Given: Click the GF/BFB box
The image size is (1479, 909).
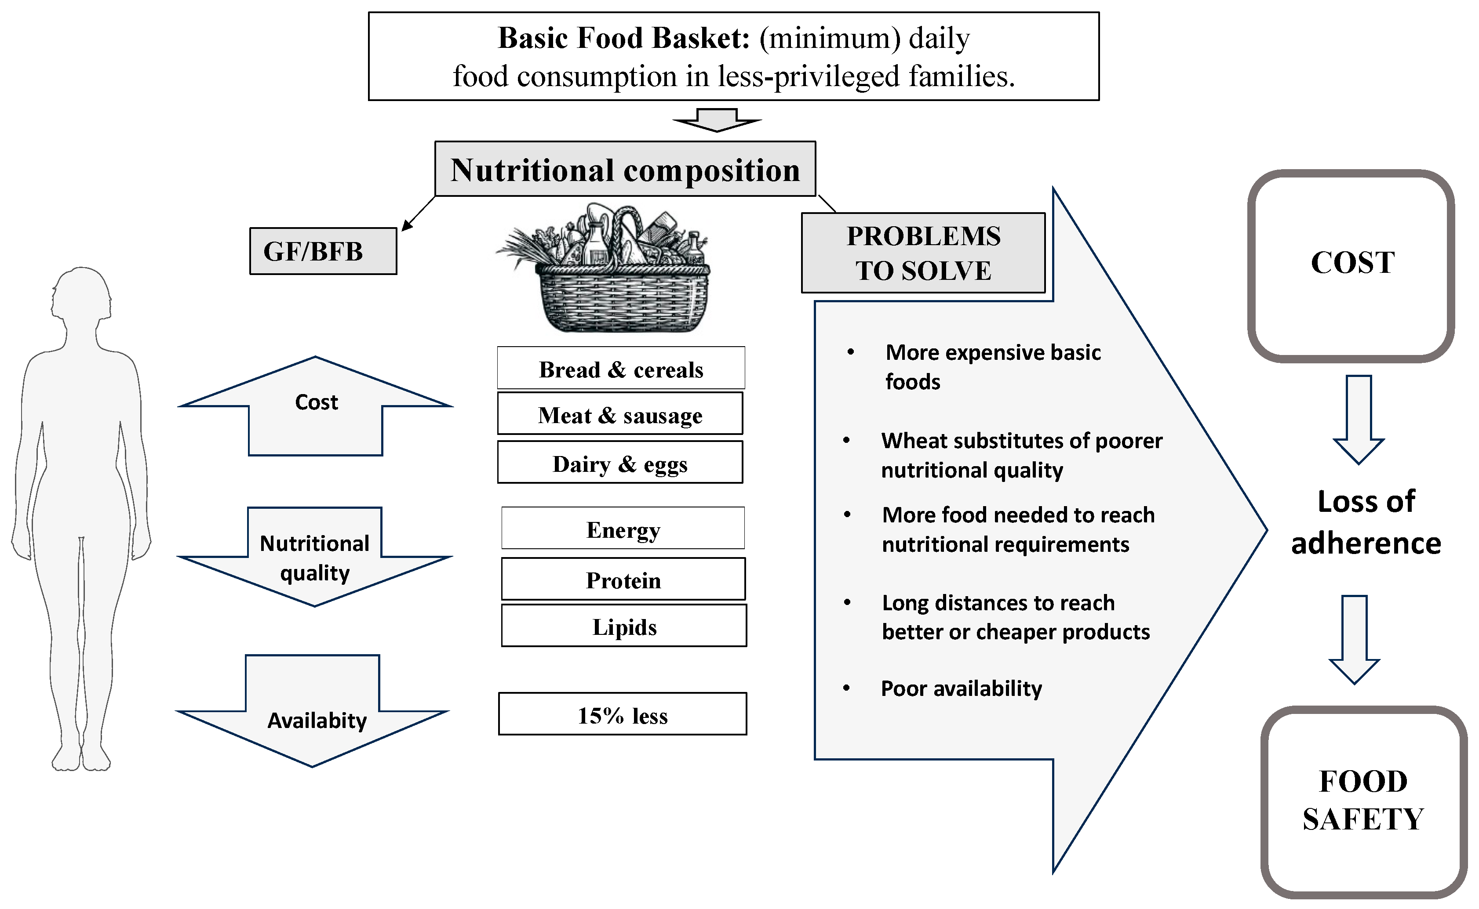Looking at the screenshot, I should point(324,252).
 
